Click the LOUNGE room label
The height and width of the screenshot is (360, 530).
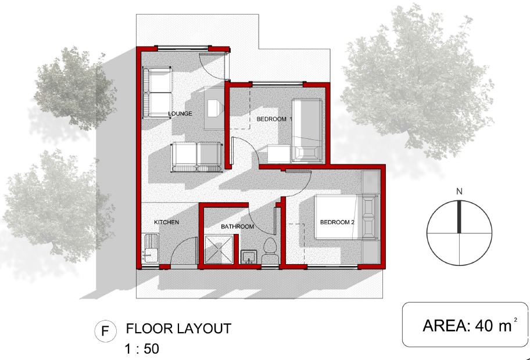click(180, 113)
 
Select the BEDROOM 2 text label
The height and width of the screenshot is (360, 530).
click(337, 222)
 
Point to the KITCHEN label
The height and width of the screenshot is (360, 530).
click(166, 222)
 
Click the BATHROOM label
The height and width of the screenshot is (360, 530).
click(237, 226)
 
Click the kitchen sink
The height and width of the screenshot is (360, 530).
click(151, 248)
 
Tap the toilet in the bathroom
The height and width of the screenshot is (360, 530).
click(270, 251)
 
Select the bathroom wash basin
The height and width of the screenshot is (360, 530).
click(249, 257)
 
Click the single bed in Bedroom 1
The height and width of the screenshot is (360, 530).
click(307, 131)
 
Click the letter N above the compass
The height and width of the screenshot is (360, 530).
click(459, 192)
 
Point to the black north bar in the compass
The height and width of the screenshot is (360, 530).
click(459, 217)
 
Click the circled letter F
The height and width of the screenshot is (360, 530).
click(105, 330)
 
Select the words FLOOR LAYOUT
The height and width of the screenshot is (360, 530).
click(178, 329)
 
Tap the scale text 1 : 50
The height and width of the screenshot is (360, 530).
click(142, 349)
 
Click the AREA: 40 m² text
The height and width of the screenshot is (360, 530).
click(470, 326)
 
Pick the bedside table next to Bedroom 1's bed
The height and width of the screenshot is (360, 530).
click(279, 154)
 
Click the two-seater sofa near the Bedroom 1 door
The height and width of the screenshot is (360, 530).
click(197, 156)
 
